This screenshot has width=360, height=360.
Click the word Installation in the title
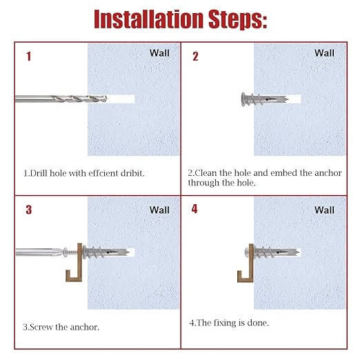(x=149, y=19)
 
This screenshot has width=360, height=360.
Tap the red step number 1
(x=28, y=57)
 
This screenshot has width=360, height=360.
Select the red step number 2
(x=195, y=57)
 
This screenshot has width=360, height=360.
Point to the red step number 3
(x=29, y=210)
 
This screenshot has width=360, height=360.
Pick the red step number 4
(x=194, y=209)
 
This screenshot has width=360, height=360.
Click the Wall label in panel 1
(x=159, y=53)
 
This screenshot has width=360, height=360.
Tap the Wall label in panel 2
(x=324, y=53)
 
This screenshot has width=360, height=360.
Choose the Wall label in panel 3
(x=159, y=210)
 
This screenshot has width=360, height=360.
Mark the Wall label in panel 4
(x=324, y=210)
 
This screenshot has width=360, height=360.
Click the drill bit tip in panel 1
(x=106, y=99)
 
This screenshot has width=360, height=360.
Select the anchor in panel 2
(x=265, y=99)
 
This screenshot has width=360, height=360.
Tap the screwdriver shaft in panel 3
(x=39, y=252)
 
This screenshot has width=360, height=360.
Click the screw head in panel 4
(x=247, y=252)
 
